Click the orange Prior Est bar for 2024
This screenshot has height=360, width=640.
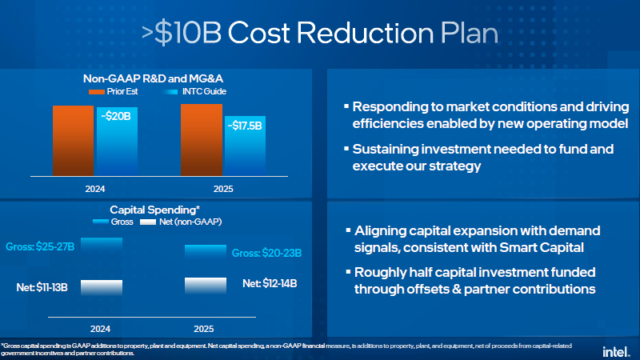tap(73, 139)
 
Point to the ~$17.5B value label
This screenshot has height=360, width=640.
tap(245, 126)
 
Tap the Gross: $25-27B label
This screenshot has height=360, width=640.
tap(42, 247)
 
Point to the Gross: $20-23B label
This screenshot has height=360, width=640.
tap(266, 254)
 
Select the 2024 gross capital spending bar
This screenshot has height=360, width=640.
tap(102, 246)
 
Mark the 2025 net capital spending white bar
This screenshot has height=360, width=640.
tap(206, 285)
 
